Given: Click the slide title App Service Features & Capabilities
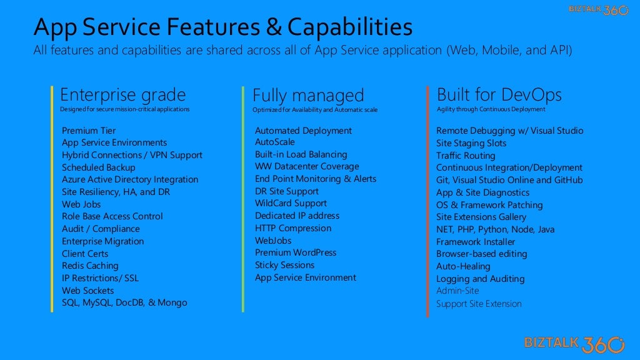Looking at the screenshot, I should tap(222, 27).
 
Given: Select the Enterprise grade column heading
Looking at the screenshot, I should tap(122, 95).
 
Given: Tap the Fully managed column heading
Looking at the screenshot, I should tap(307, 96).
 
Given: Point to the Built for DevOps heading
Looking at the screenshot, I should tap(499, 95).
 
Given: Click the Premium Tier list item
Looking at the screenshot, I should tap(89, 131).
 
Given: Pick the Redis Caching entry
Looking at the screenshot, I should tap(90, 266).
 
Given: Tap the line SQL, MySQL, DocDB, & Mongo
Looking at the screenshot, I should tap(124, 302).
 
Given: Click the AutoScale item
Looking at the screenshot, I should tap(274, 142).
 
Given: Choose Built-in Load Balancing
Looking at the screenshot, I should tap(301, 154).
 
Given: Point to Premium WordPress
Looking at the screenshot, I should tap(295, 252).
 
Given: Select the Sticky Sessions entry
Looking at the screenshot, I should tap(284, 265).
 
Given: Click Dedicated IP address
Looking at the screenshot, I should tap(297, 216).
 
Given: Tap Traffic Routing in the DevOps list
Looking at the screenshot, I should tap(465, 156).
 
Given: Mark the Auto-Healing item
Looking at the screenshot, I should tap(463, 266).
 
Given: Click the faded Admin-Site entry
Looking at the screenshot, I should tap(457, 291).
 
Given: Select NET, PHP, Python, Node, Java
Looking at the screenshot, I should tap(495, 229).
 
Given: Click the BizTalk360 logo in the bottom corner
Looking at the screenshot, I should tap(574, 343).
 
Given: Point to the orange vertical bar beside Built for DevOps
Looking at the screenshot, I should tap(428, 200).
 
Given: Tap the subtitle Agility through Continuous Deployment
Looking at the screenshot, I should tap(491, 109).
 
